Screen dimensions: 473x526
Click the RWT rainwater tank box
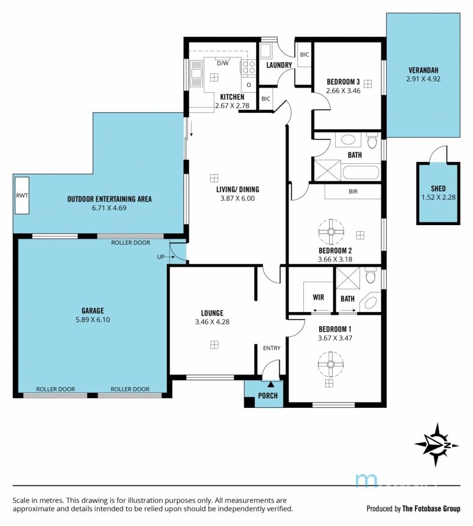[x=22, y=195]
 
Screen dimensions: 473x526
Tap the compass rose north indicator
[x=437, y=445]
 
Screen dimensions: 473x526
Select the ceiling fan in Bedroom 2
[x=331, y=232]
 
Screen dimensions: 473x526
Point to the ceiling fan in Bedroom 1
[x=331, y=364]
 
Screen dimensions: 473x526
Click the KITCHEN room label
[x=232, y=97]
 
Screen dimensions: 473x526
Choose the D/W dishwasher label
[x=222, y=63]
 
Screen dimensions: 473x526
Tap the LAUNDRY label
[x=279, y=65]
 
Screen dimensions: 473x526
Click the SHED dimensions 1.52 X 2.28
[x=439, y=197]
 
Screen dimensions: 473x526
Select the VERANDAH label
[x=423, y=70]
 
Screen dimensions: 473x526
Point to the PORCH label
[x=268, y=395]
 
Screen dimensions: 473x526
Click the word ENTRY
[x=271, y=348]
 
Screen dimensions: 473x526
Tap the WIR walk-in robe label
[x=318, y=297]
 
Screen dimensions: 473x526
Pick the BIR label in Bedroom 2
[x=353, y=191]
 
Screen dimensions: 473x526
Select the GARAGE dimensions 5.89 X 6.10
[x=93, y=320]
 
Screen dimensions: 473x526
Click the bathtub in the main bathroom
[x=361, y=173]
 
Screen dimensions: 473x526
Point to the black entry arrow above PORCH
[x=271, y=384]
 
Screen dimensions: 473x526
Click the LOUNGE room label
[x=212, y=313]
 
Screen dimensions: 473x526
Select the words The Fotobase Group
[x=431, y=508]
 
